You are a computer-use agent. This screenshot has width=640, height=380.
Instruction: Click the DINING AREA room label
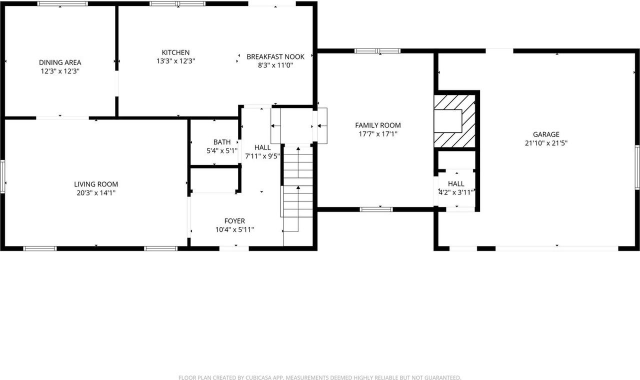click(60, 62)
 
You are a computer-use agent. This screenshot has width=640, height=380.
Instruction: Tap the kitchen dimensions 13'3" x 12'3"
click(175, 61)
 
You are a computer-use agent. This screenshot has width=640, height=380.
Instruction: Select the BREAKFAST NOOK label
click(275, 56)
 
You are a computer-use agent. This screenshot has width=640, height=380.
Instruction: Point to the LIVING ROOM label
click(96, 184)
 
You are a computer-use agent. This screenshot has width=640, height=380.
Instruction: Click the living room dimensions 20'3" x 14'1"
click(96, 192)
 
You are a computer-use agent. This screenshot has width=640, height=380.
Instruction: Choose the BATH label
click(222, 142)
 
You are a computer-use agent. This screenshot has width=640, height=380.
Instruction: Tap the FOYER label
click(234, 221)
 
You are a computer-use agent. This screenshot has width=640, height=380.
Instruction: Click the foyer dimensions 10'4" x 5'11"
click(234, 229)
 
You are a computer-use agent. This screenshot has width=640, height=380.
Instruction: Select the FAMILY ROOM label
click(377, 125)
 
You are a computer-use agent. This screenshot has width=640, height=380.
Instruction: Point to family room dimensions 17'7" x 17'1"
click(377, 134)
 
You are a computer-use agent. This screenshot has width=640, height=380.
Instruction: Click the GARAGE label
click(546, 134)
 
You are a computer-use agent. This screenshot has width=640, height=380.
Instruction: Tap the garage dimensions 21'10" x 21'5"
click(546, 142)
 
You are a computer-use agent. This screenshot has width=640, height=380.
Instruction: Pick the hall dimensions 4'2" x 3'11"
click(456, 192)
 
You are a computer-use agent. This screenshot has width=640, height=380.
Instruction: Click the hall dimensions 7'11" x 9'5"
click(262, 156)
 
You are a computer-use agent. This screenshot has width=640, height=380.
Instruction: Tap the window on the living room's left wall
click(2, 176)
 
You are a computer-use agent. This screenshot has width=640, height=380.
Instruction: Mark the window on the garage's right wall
click(637, 167)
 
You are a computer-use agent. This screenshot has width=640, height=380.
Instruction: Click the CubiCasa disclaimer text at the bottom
click(320, 377)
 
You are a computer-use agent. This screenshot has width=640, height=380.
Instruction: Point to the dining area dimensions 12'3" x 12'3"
click(60, 71)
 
